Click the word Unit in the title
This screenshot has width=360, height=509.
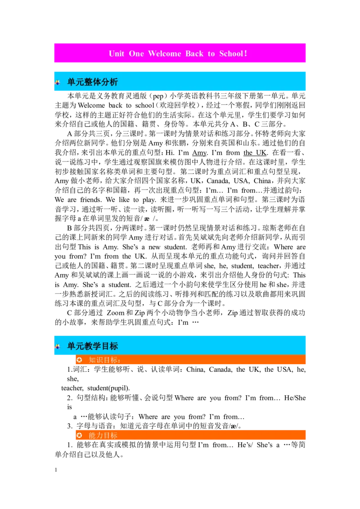117,54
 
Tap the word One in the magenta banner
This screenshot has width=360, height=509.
136,54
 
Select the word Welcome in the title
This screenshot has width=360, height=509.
164,54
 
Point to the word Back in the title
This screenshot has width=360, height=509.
194,54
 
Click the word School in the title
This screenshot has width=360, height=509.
231,54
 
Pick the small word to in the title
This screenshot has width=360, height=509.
211,54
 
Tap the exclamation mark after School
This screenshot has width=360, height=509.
245,54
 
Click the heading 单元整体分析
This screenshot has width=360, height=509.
93,82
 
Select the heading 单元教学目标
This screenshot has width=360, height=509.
93,346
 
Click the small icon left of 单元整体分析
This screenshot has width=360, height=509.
58,82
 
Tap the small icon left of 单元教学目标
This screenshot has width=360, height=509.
58,346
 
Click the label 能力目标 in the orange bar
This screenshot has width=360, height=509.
103,436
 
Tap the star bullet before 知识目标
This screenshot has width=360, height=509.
80,360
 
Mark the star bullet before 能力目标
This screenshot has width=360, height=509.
80,436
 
